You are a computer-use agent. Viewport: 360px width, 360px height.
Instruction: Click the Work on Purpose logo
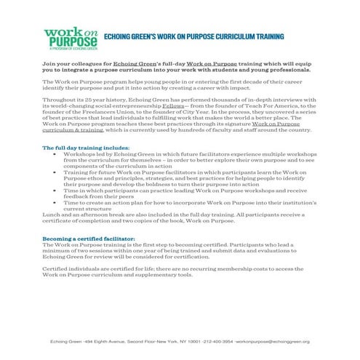(x=71, y=38)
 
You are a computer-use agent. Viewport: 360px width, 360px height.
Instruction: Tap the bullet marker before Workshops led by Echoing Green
(x=57, y=155)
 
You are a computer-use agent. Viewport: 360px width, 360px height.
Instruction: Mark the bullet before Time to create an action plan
(x=57, y=203)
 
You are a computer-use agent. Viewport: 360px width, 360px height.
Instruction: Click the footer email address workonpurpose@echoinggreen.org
(x=268, y=341)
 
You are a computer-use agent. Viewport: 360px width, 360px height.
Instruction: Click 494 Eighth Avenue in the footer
(x=98, y=341)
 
